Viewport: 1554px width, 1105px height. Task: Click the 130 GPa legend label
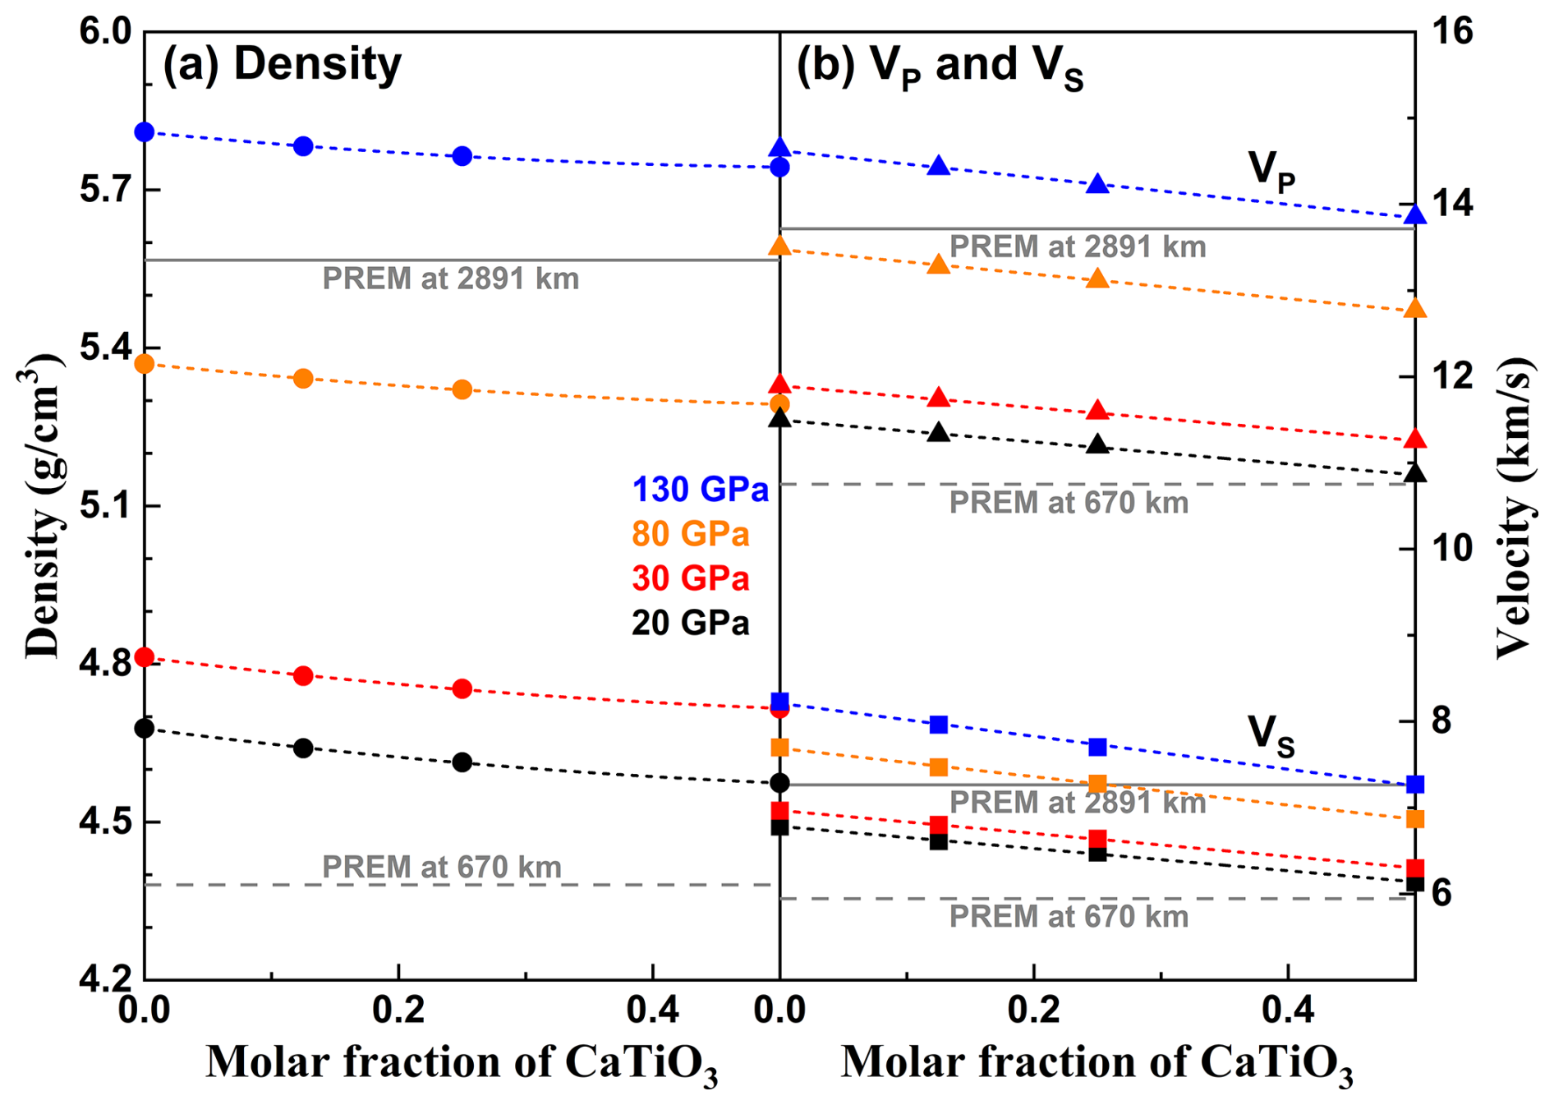(700, 490)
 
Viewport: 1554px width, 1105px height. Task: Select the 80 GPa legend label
(690, 534)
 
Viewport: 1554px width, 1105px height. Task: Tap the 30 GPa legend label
(690, 578)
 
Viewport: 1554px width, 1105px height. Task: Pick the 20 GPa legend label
(690, 623)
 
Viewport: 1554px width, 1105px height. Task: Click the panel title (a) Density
(282, 63)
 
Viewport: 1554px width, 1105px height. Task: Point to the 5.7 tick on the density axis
(105, 190)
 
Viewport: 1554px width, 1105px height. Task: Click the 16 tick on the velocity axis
(1451, 33)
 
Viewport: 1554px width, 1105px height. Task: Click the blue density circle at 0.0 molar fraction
(145, 131)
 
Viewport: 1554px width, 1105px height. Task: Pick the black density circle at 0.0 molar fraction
(145, 728)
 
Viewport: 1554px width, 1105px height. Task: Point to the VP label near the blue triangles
(1271, 170)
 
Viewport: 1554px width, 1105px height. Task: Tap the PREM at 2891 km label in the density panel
(450, 279)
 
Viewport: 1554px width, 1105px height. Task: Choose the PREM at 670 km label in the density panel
(441, 867)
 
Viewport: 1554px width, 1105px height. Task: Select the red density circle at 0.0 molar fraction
(145, 657)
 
